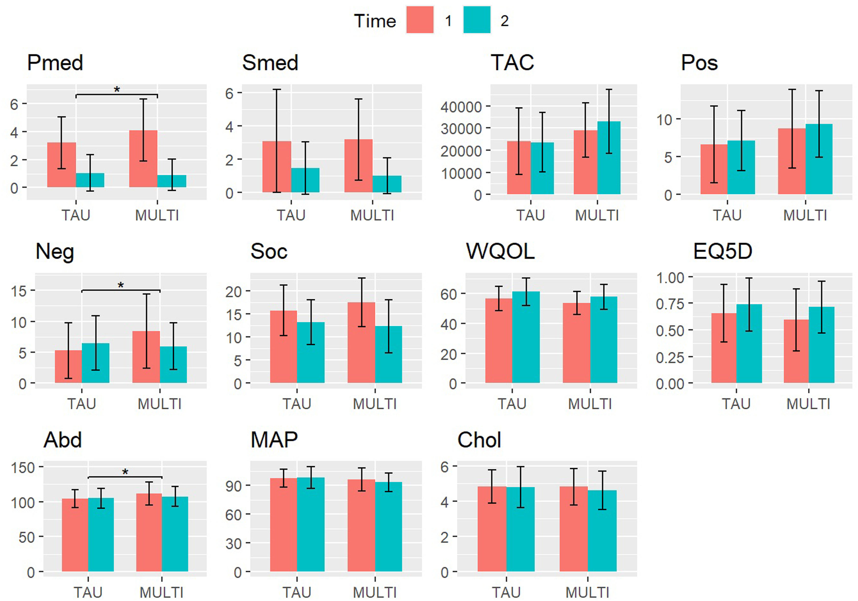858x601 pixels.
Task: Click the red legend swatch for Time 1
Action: [x=420, y=20]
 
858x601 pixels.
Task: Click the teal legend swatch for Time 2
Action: [x=477, y=20]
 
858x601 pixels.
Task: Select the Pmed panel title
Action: [x=55, y=62]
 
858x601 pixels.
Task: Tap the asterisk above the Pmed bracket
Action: [x=117, y=90]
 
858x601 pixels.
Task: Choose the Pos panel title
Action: [x=699, y=62]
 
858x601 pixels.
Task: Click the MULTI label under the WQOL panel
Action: [x=590, y=404]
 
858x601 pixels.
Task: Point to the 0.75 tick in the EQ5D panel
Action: [x=670, y=304]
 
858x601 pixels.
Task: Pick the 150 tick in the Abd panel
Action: [x=23, y=468]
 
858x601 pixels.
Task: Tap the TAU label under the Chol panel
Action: [x=506, y=592]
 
